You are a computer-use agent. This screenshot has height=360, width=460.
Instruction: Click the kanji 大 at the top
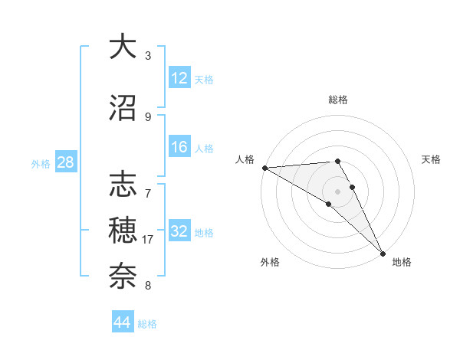coord(123,47)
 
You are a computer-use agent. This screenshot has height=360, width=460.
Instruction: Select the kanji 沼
coord(123,107)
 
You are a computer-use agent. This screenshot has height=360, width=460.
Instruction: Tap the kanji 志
coord(123,185)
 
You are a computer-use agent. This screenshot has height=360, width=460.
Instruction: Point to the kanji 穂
coord(123,229)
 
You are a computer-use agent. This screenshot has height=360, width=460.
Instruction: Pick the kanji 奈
coord(123,274)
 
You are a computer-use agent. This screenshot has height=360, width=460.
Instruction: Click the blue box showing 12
coord(179,78)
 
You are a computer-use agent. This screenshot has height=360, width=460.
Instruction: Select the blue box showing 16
coord(179,147)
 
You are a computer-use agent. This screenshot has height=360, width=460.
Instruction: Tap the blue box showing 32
coord(179,231)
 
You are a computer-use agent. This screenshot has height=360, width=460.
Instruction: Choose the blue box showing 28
coord(65,162)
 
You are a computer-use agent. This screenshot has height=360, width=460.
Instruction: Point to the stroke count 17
coord(148,240)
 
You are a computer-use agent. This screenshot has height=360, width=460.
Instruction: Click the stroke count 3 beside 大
coord(148,56)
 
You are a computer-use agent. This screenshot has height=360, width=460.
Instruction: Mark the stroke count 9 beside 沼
coord(148,116)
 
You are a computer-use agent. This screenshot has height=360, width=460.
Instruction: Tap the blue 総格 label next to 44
coord(147,324)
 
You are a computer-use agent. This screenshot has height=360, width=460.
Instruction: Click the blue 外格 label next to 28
coord(41,163)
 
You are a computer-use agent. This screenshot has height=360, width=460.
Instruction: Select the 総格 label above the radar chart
coord(338,100)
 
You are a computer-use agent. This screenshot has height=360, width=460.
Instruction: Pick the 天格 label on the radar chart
coord(432,159)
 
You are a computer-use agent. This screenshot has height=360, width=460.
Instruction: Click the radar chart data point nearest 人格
coord(264,167)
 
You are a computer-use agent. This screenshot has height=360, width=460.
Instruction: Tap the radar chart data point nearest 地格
coord(383,253)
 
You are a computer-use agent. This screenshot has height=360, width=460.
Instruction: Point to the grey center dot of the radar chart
coord(338,191)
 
